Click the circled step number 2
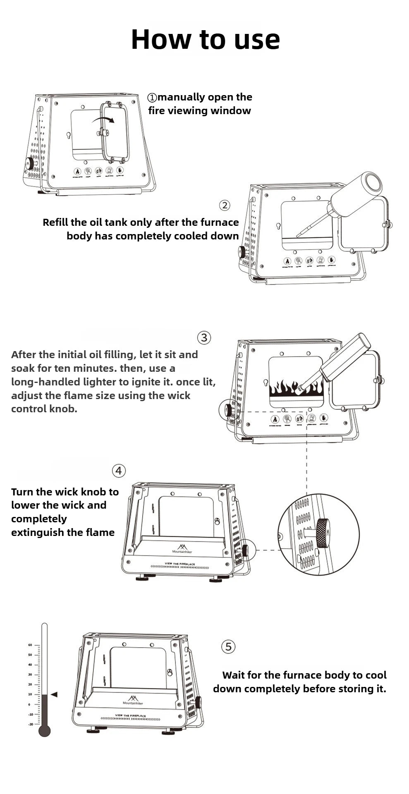click(225, 205)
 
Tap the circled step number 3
click(204, 337)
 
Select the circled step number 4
click(119, 471)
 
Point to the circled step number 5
click(228, 646)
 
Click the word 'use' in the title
click(257, 40)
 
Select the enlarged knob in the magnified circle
click(322, 533)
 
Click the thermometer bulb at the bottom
click(44, 731)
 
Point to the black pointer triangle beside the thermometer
click(54, 694)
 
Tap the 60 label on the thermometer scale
click(30, 645)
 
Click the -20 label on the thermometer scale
click(31, 724)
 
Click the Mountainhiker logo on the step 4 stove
click(182, 549)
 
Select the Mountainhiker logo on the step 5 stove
click(134, 700)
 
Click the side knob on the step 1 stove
click(29, 164)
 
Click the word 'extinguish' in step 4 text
click(35, 532)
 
